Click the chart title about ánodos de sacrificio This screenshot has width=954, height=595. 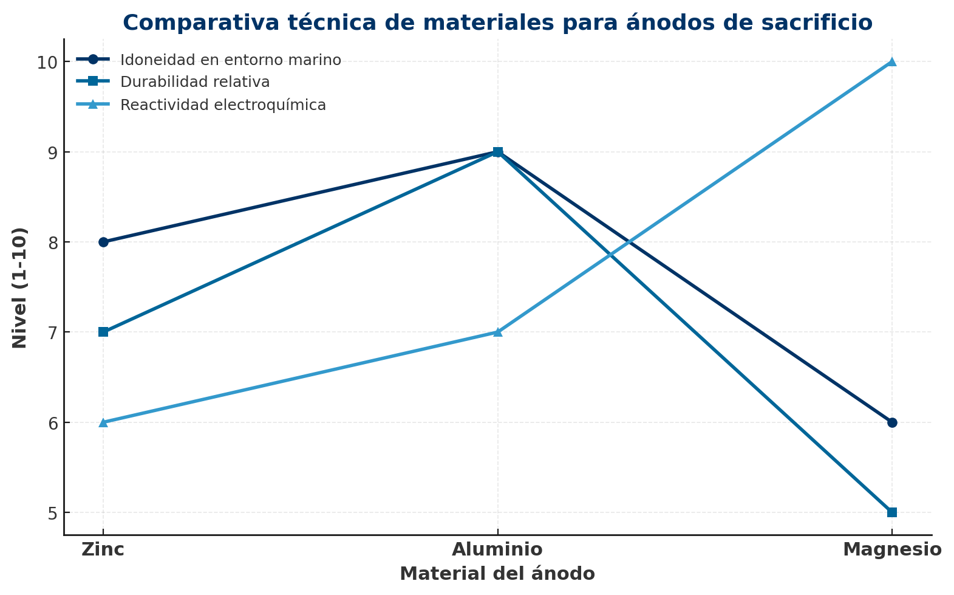497,23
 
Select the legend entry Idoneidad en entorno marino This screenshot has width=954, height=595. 230,60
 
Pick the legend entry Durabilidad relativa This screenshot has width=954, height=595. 194,82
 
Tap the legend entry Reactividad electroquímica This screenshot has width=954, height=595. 223,105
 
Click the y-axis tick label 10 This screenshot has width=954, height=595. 47,63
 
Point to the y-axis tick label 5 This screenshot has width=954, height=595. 52,514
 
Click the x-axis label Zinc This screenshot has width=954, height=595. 103,550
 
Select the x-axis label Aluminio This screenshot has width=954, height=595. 497,550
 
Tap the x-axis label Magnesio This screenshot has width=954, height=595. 892,550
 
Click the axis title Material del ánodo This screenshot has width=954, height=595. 497,574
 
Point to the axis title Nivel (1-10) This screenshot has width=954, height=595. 20,287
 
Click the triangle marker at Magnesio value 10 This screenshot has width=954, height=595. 892,61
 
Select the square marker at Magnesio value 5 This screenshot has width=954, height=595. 892,512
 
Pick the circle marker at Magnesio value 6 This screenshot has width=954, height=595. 892,422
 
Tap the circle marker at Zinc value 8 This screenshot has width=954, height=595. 103,242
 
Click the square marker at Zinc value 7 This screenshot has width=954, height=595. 103,332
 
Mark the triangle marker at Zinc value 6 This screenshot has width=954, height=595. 103,422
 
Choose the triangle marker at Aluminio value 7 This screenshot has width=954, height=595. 498,332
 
